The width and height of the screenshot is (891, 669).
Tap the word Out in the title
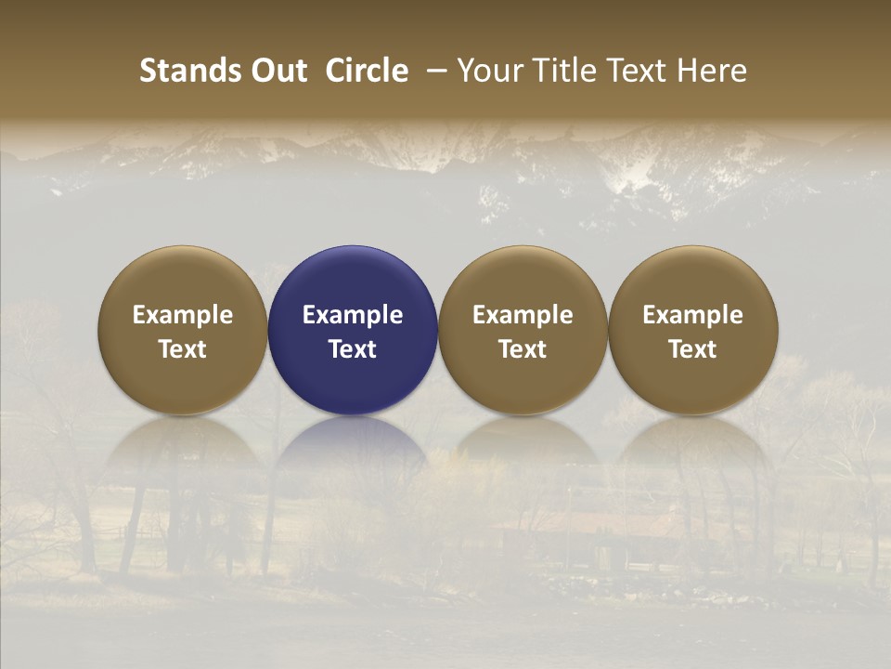tap(277, 71)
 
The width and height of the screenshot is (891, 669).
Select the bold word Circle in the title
tap(367, 71)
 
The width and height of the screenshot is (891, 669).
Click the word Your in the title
tap(488, 71)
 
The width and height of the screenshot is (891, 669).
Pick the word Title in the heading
tap(560, 71)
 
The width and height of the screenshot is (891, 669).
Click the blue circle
tap(353, 330)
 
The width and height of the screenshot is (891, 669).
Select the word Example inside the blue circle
tap(353, 315)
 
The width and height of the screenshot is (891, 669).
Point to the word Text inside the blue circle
tap(353, 349)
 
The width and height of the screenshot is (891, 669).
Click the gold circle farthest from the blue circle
tap(693, 330)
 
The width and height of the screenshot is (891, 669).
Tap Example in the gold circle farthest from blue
tap(693, 315)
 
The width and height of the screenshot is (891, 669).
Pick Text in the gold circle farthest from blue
tap(693, 349)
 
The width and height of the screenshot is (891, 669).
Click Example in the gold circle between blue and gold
tap(523, 315)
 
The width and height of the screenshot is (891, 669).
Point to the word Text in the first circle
tap(183, 349)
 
